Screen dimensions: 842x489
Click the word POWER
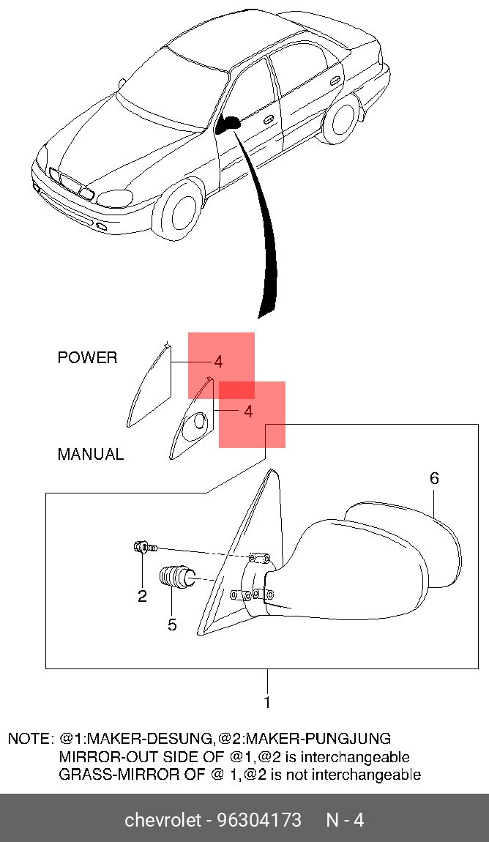pyautogui.click(x=87, y=358)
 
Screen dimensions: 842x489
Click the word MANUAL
pyautogui.click(x=91, y=454)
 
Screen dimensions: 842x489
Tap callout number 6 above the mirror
pyautogui.click(x=434, y=479)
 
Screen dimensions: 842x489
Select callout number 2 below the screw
pyautogui.click(x=142, y=596)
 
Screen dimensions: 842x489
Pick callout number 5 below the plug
pyautogui.click(x=172, y=625)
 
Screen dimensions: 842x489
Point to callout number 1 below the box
pyautogui.click(x=267, y=703)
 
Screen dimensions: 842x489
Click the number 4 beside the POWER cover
pyautogui.click(x=218, y=362)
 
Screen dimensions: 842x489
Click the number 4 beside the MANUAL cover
pyautogui.click(x=248, y=411)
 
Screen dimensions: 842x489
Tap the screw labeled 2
pyautogui.click(x=143, y=546)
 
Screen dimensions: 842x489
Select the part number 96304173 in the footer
pyautogui.click(x=258, y=819)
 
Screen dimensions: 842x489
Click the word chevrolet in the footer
pyautogui.click(x=163, y=819)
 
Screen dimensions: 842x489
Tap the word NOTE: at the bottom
pyautogui.click(x=30, y=739)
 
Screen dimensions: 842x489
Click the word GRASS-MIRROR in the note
pyautogui.click(x=108, y=774)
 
